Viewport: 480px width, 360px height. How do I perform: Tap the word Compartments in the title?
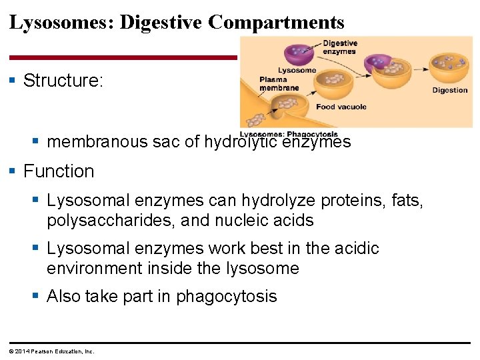click(x=276, y=23)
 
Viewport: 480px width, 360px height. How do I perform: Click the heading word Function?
click(x=59, y=171)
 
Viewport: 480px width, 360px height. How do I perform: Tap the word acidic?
click(x=353, y=249)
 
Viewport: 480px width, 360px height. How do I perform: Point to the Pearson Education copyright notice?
click(x=52, y=351)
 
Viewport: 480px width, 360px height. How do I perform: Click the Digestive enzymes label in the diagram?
click(x=340, y=47)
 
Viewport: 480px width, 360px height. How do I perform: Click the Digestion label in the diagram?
click(x=449, y=90)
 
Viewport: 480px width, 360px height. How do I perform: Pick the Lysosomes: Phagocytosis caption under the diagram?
click(x=289, y=134)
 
